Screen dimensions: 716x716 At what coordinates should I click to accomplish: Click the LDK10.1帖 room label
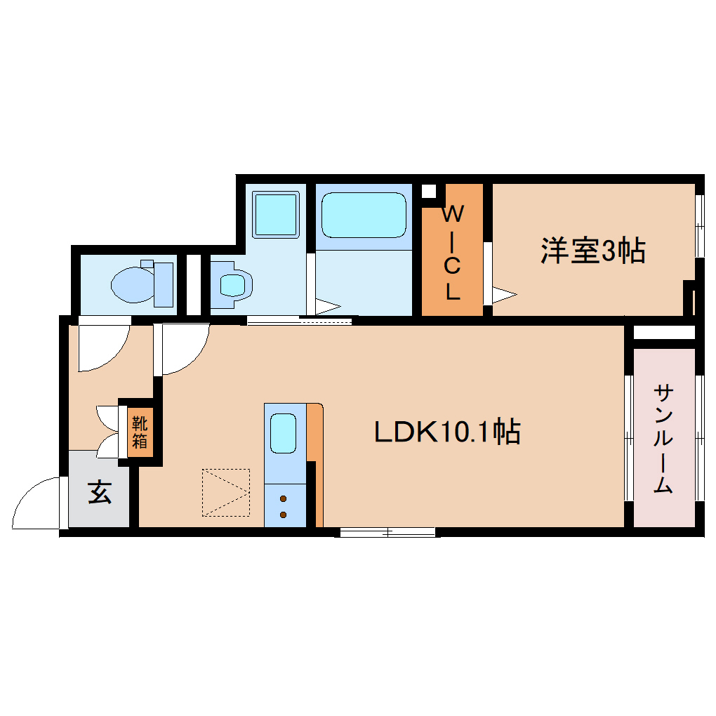coord(446,432)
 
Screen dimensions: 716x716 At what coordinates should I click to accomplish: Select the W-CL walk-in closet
coord(452,251)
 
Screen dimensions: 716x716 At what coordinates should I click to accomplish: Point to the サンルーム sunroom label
coord(663,438)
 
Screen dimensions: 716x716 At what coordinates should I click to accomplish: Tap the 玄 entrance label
coord(100,493)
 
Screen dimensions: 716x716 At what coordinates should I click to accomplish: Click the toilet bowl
coord(133,284)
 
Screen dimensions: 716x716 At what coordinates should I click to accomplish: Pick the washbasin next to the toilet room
coord(232,284)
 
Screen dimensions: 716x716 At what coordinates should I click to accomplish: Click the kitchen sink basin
coord(284,433)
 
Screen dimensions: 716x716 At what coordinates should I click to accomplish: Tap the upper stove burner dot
coord(284,500)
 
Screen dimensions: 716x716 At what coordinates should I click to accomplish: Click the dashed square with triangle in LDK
coord(226,492)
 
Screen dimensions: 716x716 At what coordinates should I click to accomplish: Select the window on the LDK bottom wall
coord(387,532)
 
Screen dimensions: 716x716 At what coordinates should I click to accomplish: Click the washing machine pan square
coord(275,214)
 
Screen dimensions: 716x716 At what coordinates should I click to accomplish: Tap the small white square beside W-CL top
coord(428,190)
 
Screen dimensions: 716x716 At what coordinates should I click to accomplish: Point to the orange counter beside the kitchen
coord(317,463)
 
